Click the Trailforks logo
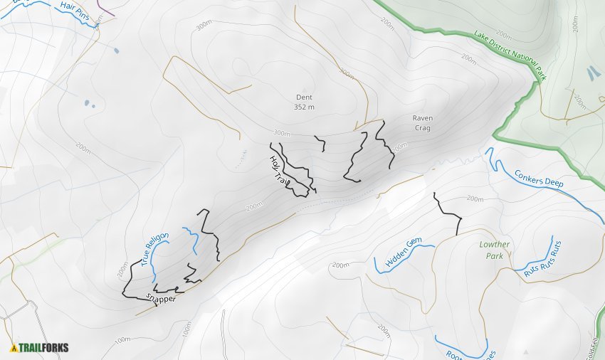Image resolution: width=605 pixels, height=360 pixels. click(x=39, y=348)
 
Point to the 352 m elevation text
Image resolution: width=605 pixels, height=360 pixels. click(x=304, y=107)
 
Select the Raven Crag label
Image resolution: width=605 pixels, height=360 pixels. click(x=422, y=123)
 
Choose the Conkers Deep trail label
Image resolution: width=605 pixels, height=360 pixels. click(x=539, y=177)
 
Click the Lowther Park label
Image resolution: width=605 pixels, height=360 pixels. click(x=495, y=250)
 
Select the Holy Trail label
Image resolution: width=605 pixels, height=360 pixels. click(x=278, y=171)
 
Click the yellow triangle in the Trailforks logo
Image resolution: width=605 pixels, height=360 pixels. click(x=14, y=348)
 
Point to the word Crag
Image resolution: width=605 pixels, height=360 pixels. click(x=422, y=128)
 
